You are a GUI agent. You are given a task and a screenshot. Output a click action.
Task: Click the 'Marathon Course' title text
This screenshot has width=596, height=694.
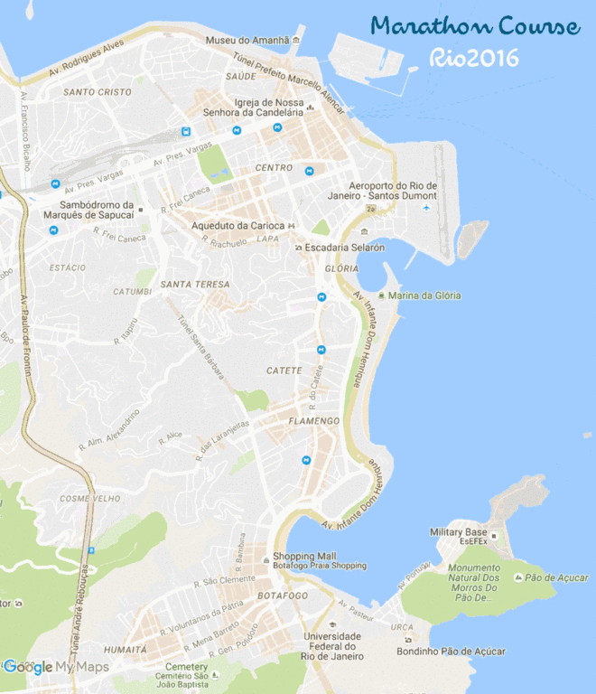[474, 27]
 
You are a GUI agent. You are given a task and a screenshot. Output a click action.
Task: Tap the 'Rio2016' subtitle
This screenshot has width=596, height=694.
[474, 59]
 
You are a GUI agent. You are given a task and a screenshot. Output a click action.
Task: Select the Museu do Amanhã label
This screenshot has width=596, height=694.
[247, 41]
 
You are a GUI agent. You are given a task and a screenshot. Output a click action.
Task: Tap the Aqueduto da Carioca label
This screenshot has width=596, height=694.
[238, 225]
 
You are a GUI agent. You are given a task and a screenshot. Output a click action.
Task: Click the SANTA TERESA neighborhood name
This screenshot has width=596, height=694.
[194, 285]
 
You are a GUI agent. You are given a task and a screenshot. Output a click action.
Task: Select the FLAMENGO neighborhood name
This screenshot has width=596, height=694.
[313, 422]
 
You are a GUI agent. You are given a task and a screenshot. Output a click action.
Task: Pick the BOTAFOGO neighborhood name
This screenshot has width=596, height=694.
[282, 596]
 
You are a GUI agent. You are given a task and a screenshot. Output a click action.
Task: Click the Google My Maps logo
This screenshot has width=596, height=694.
[54, 668]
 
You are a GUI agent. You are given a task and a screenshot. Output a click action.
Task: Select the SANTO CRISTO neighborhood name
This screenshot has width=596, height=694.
[97, 92]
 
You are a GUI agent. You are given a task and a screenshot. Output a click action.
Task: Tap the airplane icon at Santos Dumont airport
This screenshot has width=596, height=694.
[426, 209]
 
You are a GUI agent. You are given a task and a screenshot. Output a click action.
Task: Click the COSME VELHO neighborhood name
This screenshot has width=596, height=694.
[88, 498]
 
